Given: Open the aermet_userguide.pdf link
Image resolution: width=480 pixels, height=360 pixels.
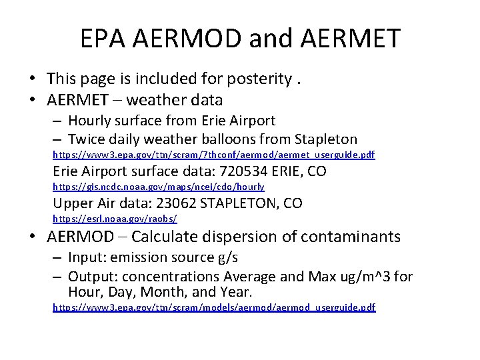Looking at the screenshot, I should (213, 155).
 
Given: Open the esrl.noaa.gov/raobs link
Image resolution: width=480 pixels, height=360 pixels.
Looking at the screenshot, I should (115, 219).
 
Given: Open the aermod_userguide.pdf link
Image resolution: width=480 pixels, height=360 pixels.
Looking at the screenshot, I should (213, 307).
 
